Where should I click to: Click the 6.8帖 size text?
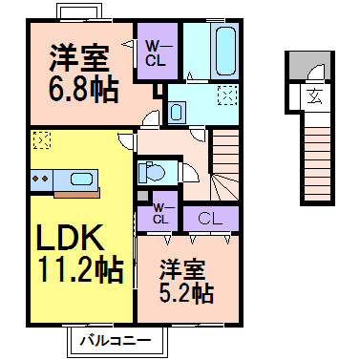click(84, 90)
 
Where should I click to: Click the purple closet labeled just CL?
click(210, 218)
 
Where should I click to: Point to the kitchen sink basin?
click(80, 178)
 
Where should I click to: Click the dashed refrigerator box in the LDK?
click(41, 141)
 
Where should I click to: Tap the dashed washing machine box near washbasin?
click(227, 96)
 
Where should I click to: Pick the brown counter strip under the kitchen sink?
click(76, 193)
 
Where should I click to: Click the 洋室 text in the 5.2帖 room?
click(185, 268)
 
